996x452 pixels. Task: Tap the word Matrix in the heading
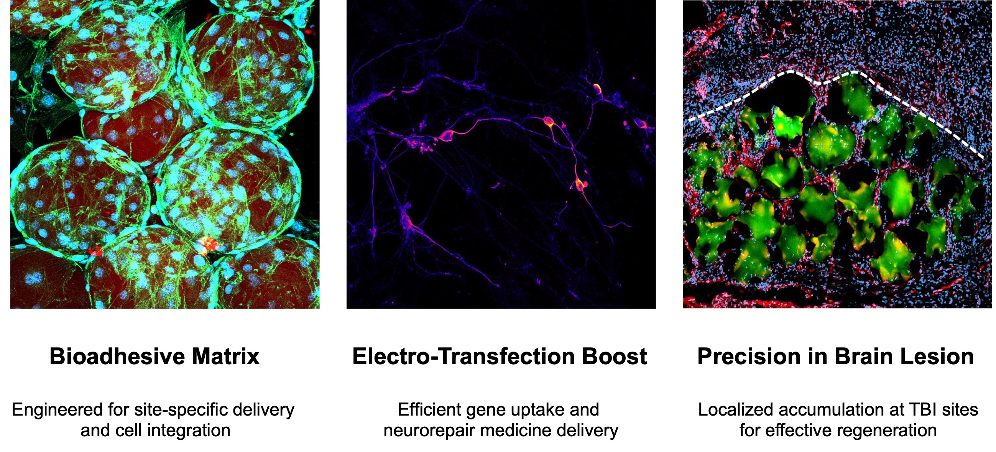pos(226,356)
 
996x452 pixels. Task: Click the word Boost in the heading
pos(615,356)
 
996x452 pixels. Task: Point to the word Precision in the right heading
pos(749,356)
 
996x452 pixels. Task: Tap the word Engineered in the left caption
pos(58,410)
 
